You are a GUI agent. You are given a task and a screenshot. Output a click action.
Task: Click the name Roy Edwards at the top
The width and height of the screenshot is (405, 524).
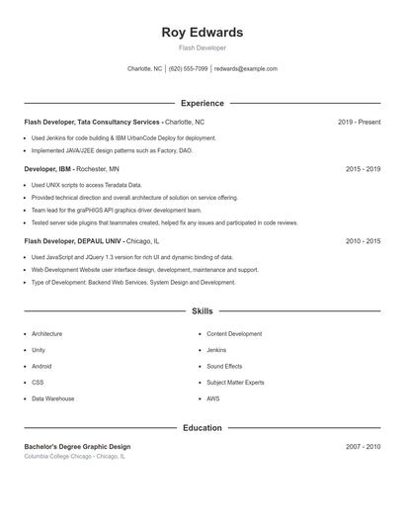point(202,33)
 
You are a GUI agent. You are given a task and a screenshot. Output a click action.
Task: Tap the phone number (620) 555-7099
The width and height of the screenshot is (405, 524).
point(188,69)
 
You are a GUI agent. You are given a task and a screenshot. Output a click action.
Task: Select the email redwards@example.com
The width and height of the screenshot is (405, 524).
point(246,69)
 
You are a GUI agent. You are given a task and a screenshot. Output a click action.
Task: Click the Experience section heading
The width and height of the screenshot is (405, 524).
point(202,103)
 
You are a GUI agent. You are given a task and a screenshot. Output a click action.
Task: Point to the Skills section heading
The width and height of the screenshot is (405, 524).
point(202,311)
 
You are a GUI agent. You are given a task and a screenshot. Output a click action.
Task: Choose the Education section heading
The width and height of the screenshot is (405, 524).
point(202,428)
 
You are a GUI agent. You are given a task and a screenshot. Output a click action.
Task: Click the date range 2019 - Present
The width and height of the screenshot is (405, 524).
point(359,122)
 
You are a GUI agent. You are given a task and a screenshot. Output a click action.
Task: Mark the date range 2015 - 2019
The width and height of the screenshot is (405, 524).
point(363,169)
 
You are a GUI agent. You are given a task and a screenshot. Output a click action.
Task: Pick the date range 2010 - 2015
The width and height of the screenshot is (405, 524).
point(363,241)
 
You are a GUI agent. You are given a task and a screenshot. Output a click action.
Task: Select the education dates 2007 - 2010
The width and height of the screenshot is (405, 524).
point(363,447)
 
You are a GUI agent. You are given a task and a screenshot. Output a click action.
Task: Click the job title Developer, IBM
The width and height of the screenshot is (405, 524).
point(47,169)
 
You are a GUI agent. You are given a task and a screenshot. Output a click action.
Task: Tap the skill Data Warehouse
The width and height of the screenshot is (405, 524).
point(52,398)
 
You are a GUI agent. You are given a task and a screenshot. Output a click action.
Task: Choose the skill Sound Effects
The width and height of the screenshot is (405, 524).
point(224,366)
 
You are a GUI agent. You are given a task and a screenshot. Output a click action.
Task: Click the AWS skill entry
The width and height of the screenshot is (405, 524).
point(213,398)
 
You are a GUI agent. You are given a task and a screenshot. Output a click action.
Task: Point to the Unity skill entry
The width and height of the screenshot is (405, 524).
point(39,350)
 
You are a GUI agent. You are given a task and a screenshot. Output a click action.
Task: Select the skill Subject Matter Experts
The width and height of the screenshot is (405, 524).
point(235,382)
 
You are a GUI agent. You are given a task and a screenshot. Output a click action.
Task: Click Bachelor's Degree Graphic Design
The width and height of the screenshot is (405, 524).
point(77,447)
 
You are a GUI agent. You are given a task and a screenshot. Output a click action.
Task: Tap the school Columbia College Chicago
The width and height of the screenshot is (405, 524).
point(74,457)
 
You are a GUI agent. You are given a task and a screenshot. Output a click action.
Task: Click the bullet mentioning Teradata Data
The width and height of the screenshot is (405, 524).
point(87,185)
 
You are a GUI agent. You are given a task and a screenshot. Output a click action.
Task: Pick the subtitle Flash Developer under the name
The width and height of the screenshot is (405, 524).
point(202,47)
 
